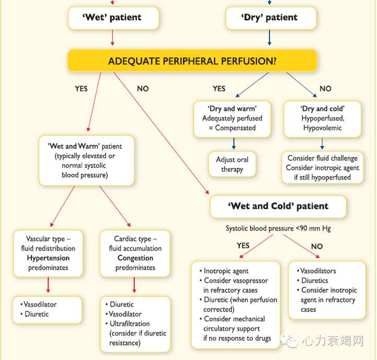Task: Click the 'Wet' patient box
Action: point(112,18)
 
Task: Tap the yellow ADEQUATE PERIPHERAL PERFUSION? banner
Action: point(192,61)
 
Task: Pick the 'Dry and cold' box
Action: point(322,118)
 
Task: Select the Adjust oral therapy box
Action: point(232,164)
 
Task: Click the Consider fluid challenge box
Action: point(322,167)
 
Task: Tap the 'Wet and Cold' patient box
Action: point(278,206)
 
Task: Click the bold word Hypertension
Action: point(48,258)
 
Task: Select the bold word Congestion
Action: point(135,258)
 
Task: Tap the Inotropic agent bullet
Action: point(226,271)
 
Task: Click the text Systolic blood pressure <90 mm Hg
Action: point(278,229)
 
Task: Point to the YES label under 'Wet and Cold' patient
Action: point(243,246)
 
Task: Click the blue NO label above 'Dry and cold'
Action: point(325,89)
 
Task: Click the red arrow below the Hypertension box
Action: point(48,285)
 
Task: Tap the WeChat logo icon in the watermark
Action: point(289,341)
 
